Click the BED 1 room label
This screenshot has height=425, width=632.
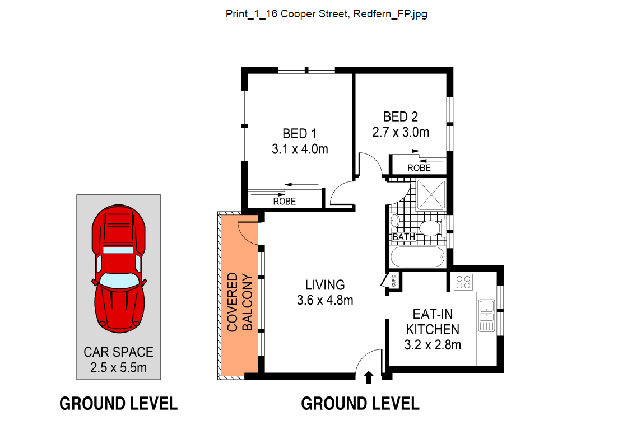[x=300, y=133]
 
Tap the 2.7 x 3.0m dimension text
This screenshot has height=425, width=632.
[x=401, y=132]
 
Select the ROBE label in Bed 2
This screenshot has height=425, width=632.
[x=419, y=167]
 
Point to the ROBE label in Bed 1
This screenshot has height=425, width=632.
[x=285, y=201]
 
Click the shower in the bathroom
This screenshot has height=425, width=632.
[x=431, y=195]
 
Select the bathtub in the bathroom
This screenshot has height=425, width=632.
[x=417, y=256]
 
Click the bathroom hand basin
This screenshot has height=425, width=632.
[x=394, y=221]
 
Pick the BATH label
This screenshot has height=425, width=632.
[x=403, y=237]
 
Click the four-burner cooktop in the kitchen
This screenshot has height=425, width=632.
[x=463, y=282]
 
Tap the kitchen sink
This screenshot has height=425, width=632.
[x=486, y=310]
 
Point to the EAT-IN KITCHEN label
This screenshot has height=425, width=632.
[x=433, y=322]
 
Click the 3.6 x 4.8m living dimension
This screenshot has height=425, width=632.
[x=325, y=300]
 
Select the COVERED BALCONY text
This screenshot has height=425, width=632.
[x=240, y=302]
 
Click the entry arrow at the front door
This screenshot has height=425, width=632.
[x=369, y=377]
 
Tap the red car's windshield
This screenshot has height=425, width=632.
[x=119, y=281]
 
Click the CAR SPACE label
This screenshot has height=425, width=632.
[x=119, y=352]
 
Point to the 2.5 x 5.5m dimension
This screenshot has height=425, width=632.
[x=119, y=367]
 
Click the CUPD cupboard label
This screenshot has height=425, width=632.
[x=394, y=281]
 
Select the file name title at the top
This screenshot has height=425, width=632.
[x=327, y=13]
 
